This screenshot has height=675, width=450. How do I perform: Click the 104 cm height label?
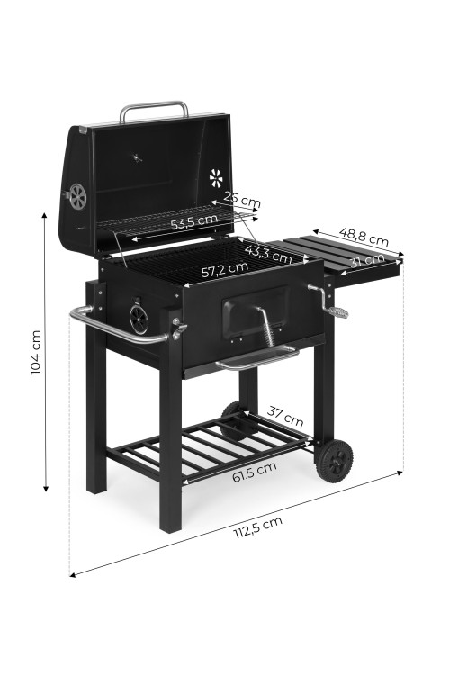(36, 352)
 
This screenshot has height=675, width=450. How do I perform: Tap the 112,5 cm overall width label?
(258, 527)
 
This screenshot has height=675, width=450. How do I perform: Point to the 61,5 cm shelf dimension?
(254, 472)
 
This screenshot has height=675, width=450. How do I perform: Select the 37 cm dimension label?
(285, 416)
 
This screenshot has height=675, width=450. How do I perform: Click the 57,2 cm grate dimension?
(225, 269)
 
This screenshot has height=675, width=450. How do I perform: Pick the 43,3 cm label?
(268, 254)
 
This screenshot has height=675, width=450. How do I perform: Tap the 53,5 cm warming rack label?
(194, 221)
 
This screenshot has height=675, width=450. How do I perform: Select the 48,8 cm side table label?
(364, 237)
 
